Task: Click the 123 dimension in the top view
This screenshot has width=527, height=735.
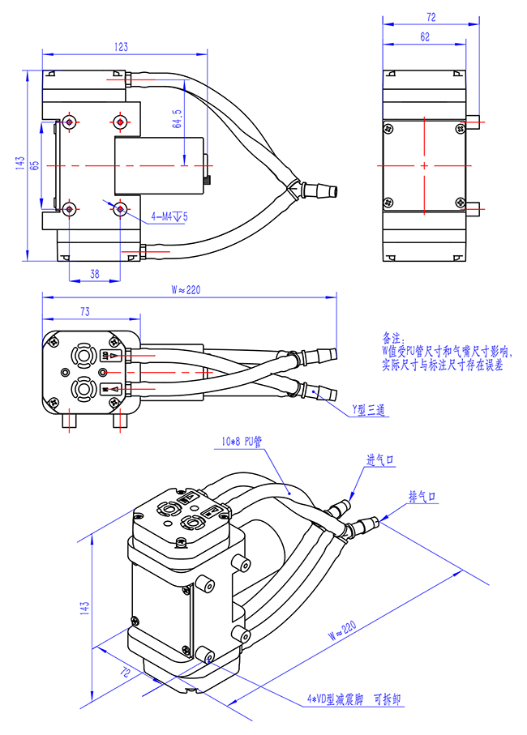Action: click(x=121, y=48)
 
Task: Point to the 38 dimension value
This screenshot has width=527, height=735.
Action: click(x=94, y=275)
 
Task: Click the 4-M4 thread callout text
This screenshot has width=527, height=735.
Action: click(x=170, y=216)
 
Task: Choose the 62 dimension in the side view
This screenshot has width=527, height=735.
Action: click(x=426, y=36)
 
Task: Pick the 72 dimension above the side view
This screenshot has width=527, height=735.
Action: click(x=431, y=16)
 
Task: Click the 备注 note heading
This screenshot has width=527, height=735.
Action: click(x=392, y=335)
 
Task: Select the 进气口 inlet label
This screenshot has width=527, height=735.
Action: click(x=380, y=460)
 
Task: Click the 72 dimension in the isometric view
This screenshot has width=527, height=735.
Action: click(x=126, y=672)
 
